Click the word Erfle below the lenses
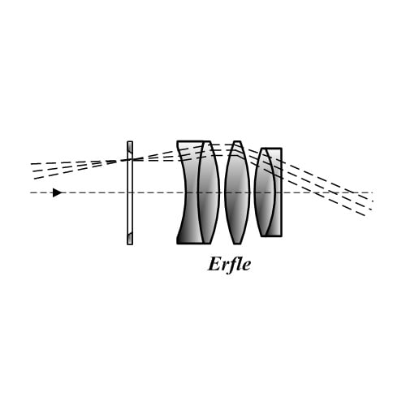click(x=229, y=265)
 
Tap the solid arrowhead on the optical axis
click(x=58, y=192)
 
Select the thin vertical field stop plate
click(x=130, y=193)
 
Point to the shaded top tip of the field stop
click(x=131, y=148)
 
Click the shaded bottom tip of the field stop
click(x=130, y=238)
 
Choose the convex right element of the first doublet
click(x=209, y=192)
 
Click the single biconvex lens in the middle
click(x=237, y=192)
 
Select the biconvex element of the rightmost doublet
click(x=265, y=192)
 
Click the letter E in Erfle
click(x=214, y=265)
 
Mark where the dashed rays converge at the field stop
click(x=130, y=159)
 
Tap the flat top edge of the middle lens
click(x=237, y=141)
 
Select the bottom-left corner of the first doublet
click(x=177, y=244)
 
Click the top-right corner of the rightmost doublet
click(x=282, y=148)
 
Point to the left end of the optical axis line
click(x=30, y=192)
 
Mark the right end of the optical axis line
click(x=374, y=192)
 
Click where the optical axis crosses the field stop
click(x=130, y=192)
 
